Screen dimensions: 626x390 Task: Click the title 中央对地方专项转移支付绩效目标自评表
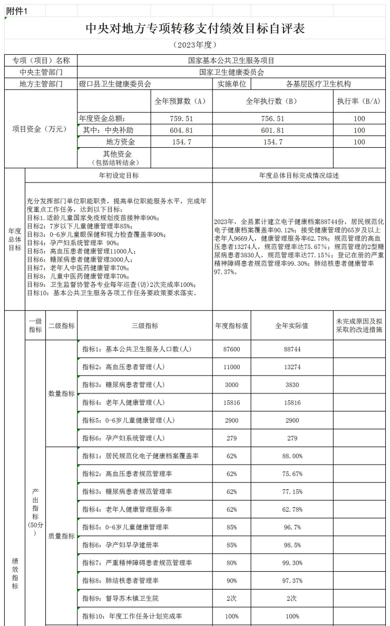pos(195,28)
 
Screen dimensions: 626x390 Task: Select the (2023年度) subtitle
pos(195,45)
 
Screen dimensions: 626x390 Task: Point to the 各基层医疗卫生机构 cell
pos(318,84)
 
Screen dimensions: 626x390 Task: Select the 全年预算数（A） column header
pos(180,101)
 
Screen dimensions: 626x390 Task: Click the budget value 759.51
pos(179,119)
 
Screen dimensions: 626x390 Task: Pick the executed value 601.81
pos(272,130)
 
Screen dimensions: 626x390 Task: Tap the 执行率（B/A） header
pos(359,101)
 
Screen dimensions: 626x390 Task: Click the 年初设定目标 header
pos(119,176)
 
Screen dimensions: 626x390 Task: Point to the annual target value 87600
pos(231,349)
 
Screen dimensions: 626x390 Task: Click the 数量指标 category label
pos(62,393)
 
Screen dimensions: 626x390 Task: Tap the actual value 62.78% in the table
pos(291,509)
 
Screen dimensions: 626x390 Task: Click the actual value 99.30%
pos(291,563)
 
